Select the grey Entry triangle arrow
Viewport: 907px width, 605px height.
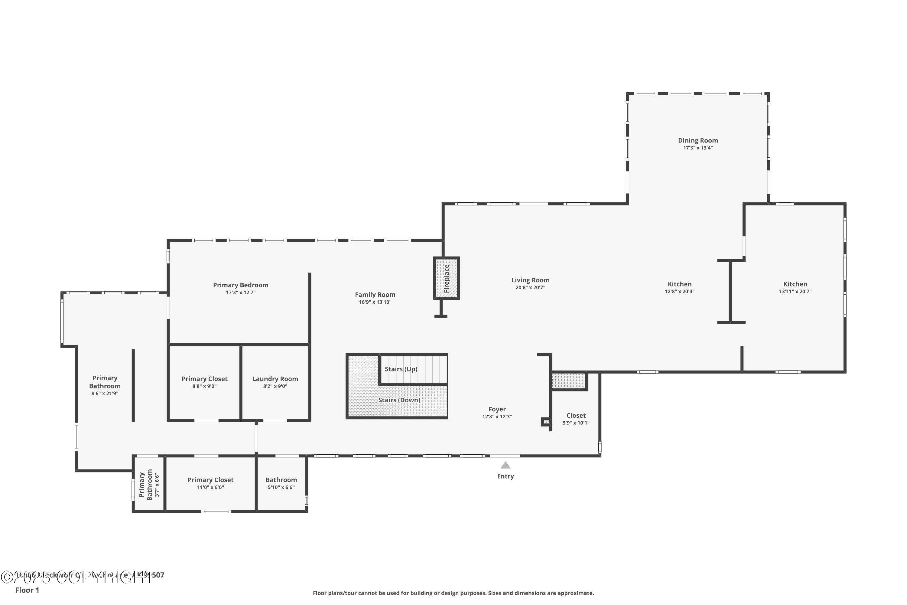(505, 465)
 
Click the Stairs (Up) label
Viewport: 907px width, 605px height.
(401, 369)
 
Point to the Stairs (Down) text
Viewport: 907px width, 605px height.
(399, 400)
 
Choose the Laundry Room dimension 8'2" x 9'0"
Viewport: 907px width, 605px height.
(275, 386)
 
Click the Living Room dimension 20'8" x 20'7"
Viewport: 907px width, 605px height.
(530, 287)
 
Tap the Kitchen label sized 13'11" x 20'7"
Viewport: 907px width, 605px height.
(795, 284)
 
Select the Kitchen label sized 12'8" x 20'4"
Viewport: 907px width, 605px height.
(679, 284)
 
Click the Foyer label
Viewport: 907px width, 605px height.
(497, 409)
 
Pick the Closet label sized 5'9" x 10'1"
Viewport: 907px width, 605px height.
(576, 416)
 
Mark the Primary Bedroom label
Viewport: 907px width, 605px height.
(241, 285)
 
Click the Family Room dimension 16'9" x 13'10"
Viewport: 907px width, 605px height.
(375, 302)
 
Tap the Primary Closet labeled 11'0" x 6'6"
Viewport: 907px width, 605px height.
(210, 480)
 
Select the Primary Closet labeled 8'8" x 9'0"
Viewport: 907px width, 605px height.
(204, 379)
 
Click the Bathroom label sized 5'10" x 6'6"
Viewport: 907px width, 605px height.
(281, 480)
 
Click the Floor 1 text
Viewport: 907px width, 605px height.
(27, 590)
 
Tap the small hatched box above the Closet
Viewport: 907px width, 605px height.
(568, 381)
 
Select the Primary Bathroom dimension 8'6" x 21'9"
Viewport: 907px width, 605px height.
(105, 394)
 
